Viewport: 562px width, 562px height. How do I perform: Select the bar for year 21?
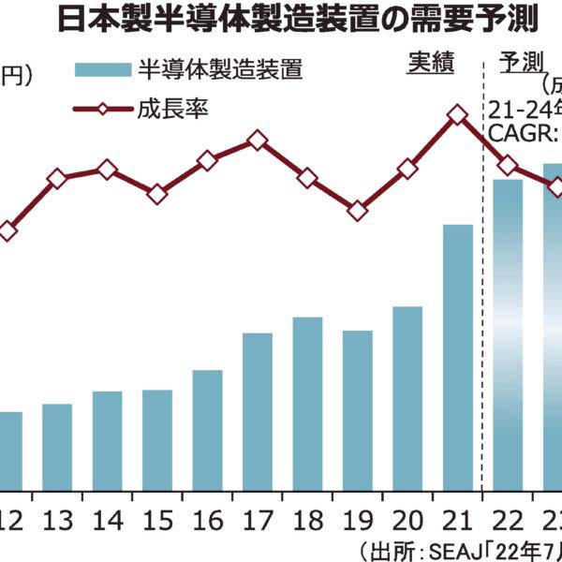pos(457,356)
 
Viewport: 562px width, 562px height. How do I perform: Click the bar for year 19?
pos(357,409)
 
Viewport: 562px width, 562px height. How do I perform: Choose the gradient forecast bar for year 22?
pos(508,333)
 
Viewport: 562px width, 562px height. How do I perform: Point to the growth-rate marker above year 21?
pos(457,114)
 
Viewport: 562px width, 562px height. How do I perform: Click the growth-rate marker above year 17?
pos(258,141)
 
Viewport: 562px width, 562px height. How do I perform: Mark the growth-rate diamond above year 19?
pos(357,211)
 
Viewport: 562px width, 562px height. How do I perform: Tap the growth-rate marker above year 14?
pos(107,170)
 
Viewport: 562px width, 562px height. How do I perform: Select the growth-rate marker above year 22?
pos(508,166)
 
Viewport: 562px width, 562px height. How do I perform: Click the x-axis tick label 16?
pos(207,521)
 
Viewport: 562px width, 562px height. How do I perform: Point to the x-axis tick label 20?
pos(407,521)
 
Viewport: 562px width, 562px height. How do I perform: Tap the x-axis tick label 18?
pos(307,521)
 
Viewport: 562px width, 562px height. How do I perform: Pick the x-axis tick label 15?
pos(156,521)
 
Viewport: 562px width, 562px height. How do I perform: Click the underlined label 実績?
pos(430,63)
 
